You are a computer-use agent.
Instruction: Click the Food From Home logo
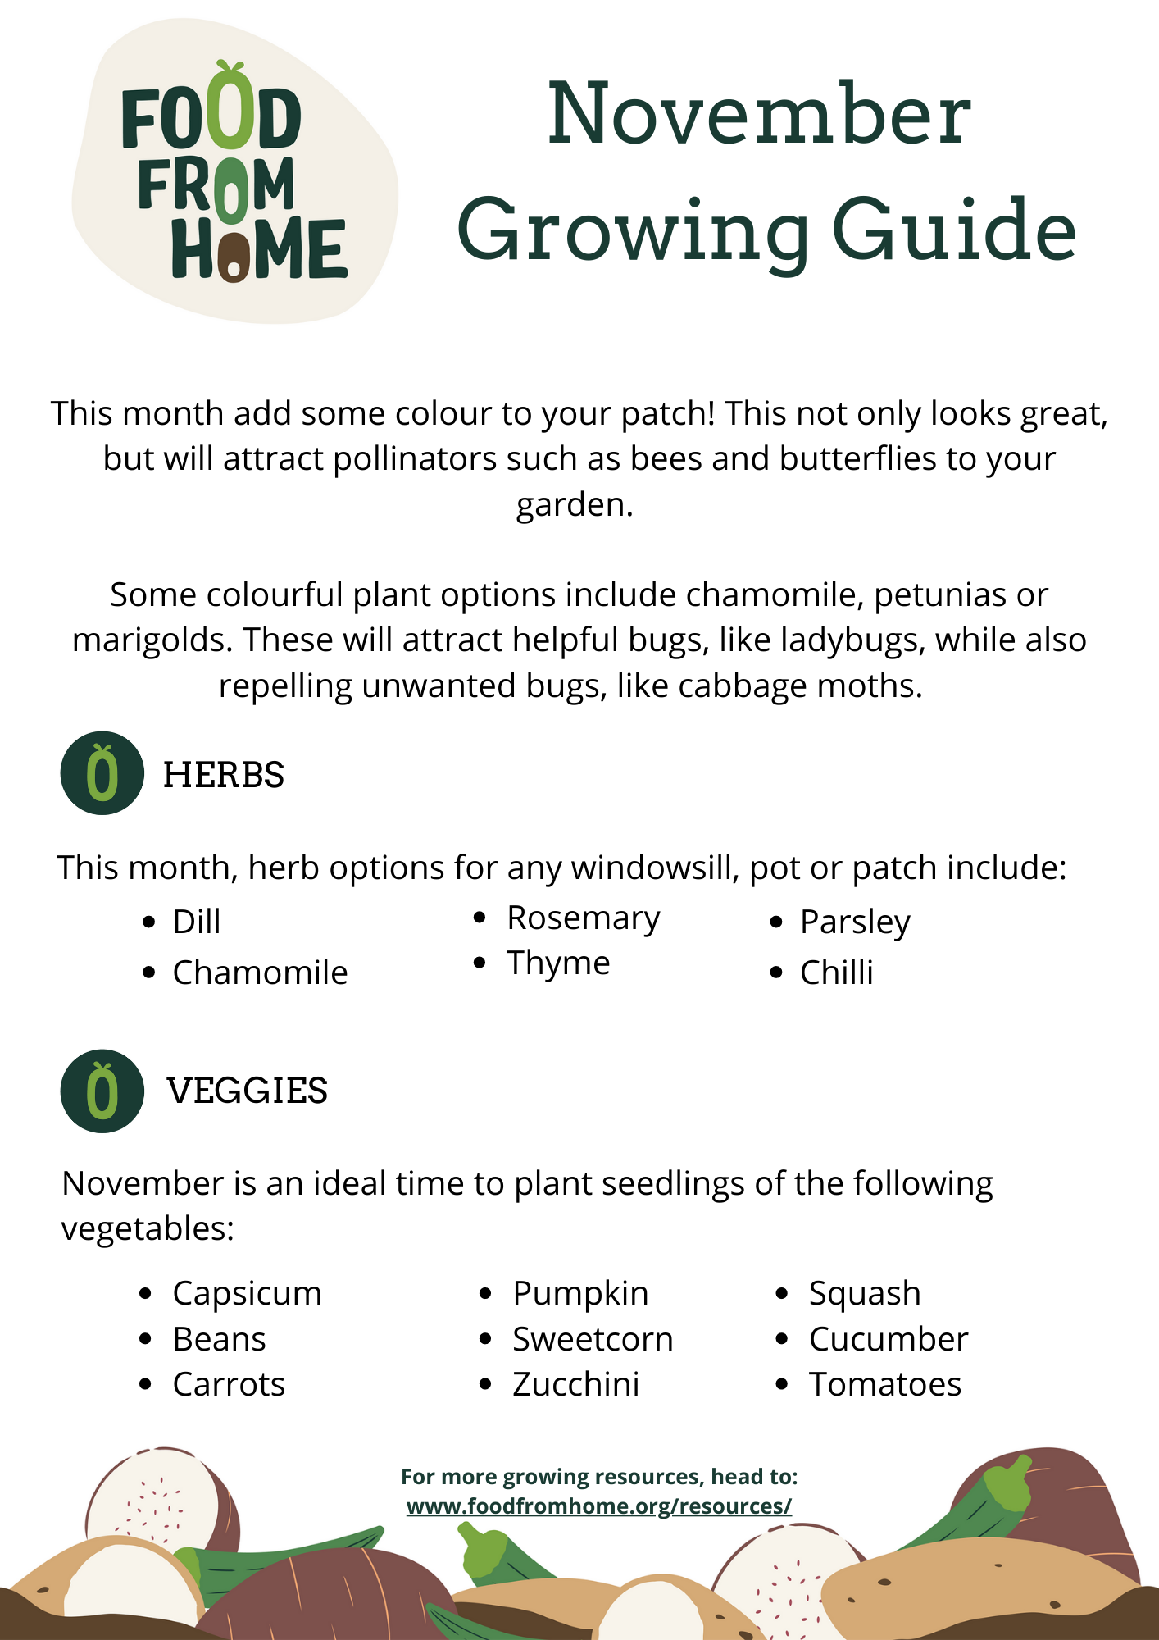coord(234,172)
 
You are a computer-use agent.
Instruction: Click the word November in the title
coord(759,115)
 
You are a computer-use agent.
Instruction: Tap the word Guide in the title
coord(953,231)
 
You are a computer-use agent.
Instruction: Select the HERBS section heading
coord(223,775)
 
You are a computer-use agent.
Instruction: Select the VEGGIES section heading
coord(247,1091)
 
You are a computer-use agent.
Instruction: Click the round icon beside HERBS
coord(102,773)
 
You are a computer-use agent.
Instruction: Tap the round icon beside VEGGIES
coord(102,1091)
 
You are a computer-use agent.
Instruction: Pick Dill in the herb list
coord(197,922)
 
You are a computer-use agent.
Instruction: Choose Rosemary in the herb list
coord(583,918)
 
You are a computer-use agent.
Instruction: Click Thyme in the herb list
coord(557,963)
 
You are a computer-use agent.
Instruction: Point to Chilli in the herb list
coord(836,973)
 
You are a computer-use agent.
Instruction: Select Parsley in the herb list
coord(855,922)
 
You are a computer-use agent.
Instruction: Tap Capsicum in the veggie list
coord(247,1293)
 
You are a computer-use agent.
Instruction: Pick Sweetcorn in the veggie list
coord(592,1339)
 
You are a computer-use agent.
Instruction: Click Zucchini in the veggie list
coord(575,1384)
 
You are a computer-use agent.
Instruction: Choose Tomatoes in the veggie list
coord(884,1384)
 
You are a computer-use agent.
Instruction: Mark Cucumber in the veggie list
coord(888,1339)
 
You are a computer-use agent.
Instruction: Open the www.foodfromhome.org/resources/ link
coord(598,1506)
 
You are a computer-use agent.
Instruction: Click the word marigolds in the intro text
coord(152,640)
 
